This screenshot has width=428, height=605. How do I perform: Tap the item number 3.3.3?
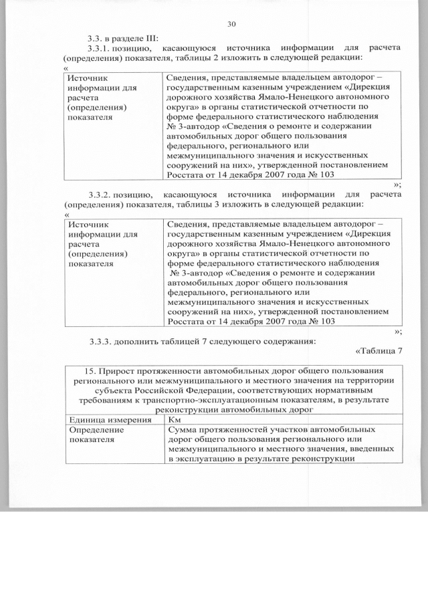(x=102, y=342)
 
